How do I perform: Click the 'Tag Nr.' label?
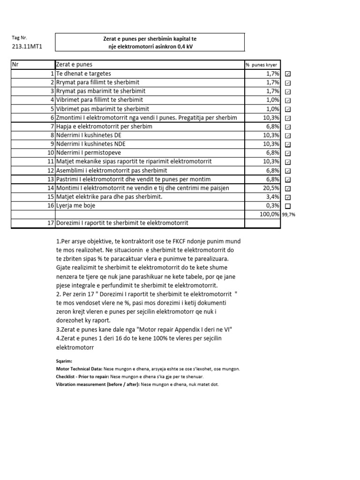[x=20, y=37]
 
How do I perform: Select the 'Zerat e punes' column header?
[x=74, y=65]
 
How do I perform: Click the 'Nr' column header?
[x=16, y=65]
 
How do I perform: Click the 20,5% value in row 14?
[x=272, y=188]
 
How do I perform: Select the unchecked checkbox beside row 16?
[x=288, y=206]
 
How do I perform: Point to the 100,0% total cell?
[x=270, y=214]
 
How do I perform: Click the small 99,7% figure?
[x=289, y=215]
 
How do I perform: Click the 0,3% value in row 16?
[x=273, y=206]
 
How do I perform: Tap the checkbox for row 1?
[x=288, y=74]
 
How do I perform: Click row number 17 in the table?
[x=50, y=223]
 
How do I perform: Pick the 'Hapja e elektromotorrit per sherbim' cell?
[x=104, y=127]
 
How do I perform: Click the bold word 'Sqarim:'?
[x=63, y=361]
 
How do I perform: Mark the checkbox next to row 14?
[x=288, y=188]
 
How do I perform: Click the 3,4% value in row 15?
[x=273, y=197]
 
